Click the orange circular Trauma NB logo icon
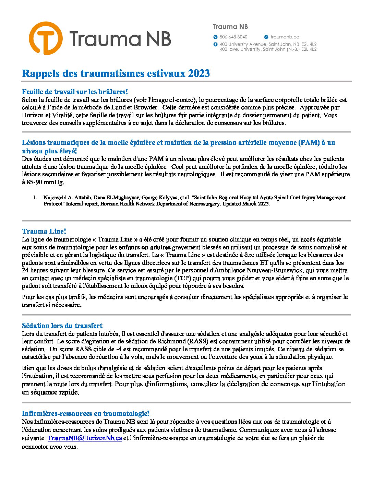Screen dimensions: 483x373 coord(46,38)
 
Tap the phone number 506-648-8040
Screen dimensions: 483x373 coord(233,37)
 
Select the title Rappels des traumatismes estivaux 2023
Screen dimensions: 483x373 coord(116,73)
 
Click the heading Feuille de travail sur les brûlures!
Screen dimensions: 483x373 coord(75,92)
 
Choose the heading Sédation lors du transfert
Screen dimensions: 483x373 coord(62,326)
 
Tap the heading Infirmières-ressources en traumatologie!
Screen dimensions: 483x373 coord(85,413)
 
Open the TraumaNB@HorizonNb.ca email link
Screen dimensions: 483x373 coord(85,438)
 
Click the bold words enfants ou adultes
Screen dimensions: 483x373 coord(145,247)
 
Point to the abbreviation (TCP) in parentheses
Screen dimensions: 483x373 coord(183,278)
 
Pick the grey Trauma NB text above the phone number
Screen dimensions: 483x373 coord(230,26)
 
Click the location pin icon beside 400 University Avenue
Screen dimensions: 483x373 coord(215,44)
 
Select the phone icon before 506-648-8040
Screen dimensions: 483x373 coord(215,37)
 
